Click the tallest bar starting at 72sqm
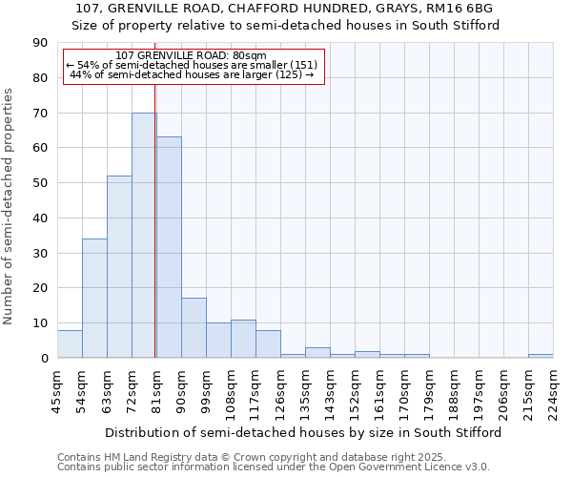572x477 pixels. click(x=144, y=235)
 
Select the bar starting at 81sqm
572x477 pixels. click(x=169, y=247)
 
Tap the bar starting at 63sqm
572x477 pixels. click(x=119, y=266)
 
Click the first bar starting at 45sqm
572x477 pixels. click(x=70, y=343)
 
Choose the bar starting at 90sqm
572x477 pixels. click(x=194, y=327)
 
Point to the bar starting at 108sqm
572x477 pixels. click(x=243, y=339)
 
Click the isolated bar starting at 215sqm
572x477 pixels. click(x=541, y=356)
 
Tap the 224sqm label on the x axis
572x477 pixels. click(x=553, y=393)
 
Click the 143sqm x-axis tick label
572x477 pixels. click(x=330, y=393)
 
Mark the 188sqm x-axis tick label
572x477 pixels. click(x=454, y=393)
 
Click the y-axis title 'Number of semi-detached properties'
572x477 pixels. click(x=10, y=205)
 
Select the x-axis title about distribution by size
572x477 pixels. click(x=303, y=432)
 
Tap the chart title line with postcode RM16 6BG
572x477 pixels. click(x=285, y=9)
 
